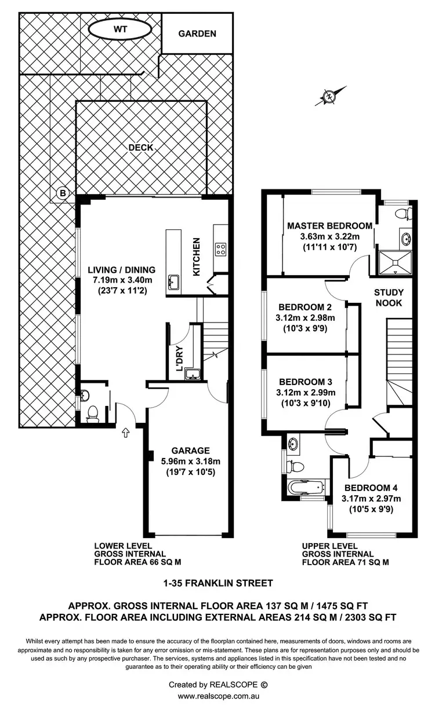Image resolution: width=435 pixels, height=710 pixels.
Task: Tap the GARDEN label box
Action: [x=197, y=34]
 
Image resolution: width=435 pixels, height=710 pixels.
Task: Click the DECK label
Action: [x=141, y=148]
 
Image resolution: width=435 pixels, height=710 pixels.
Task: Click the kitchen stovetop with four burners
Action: [x=221, y=250]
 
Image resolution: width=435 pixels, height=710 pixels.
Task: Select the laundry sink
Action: [x=194, y=375]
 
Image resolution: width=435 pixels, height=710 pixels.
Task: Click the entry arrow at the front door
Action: [x=126, y=431]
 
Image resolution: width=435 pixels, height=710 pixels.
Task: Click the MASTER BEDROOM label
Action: [x=329, y=226]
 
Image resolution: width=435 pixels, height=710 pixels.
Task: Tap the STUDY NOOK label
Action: [x=389, y=298]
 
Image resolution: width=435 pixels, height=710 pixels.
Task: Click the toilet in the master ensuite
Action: [x=401, y=214]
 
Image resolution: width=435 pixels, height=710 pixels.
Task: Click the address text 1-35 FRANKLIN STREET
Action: [x=217, y=583]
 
